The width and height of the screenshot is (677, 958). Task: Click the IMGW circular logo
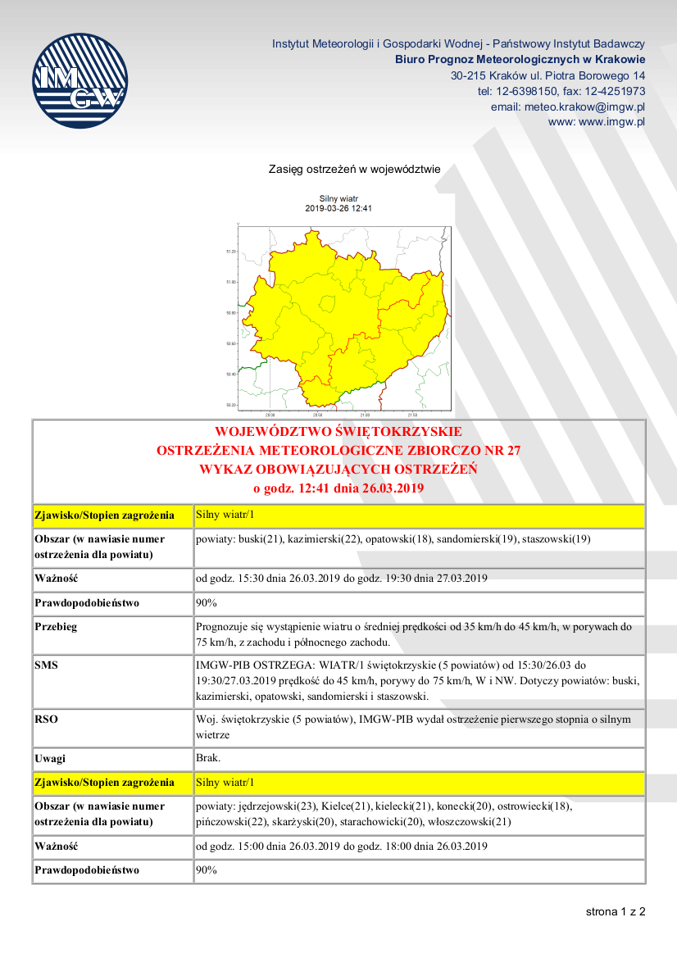point(80,79)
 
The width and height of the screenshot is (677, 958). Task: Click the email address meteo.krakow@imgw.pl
point(568,107)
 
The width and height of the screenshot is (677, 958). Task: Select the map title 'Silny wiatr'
point(338,199)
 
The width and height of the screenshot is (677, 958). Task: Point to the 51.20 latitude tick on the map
point(230,252)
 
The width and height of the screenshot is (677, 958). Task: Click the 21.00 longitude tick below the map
point(364,415)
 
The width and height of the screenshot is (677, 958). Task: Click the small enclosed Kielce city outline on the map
point(327,304)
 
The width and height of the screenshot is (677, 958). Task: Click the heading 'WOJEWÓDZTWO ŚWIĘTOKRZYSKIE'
point(338,432)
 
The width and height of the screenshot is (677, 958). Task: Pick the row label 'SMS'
point(46,666)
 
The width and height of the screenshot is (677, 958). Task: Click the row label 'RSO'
point(46,720)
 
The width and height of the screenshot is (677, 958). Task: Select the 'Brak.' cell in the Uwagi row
point(208,758)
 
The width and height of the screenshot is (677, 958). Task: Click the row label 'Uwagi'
point(51,758)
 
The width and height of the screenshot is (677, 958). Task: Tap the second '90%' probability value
point(206,870)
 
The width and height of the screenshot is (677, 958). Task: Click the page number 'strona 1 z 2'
point(615,911)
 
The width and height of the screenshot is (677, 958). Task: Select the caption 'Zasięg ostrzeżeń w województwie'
point(354,170)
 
